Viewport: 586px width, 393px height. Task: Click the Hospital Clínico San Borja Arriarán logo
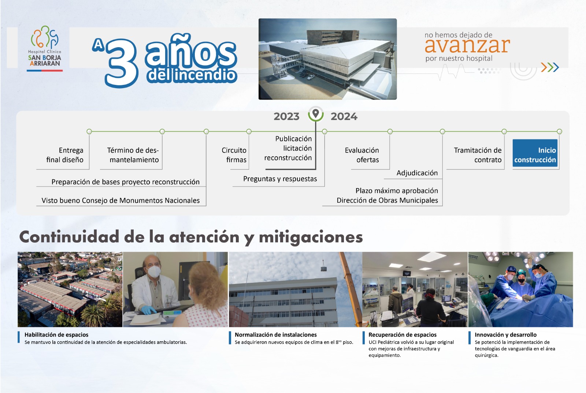pyautogui.click(x=45, y=48)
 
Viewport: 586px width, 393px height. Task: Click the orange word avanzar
pyautogui.click(x=467, y=45)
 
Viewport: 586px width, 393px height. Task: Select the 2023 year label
pyautogui.click(x=286, y=116)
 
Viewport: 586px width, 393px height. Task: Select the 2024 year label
pyautogui.click(x=344, y=116)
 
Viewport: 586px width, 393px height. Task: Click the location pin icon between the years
pyautogui.click(x=316, y=114)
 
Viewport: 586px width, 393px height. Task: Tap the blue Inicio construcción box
pyautogui.click(x=535, y=153)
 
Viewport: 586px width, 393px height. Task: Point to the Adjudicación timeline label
pyautogui.click(x=417, y=173)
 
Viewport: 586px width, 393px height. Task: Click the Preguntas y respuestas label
pyautogui.click(x=280, y=179)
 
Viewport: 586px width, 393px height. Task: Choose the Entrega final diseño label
pyautogui.click(x=65, y=155)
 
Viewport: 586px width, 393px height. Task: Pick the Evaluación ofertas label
pyautogui.click(x=362, y=155)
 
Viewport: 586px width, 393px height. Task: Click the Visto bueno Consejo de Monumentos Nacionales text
pyautogui.click(x=120, y=201)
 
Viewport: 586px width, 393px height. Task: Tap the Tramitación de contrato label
pyautogui.click(x=478, y=155)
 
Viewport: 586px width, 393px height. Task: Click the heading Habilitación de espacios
pyautogui.click(x=56, y=335)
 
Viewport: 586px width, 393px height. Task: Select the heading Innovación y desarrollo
pyautogui.click(x=506, y=335)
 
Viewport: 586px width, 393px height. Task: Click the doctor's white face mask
pyautogui.click(x=154, y=271)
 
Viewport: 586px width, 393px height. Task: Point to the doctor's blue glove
pyautogui.click(x=148, y=310)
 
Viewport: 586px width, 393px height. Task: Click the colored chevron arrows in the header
pyautogui.click(x=550, y=67)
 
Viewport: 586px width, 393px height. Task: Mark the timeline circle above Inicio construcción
pyautogui.click(x=559, y=131)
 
